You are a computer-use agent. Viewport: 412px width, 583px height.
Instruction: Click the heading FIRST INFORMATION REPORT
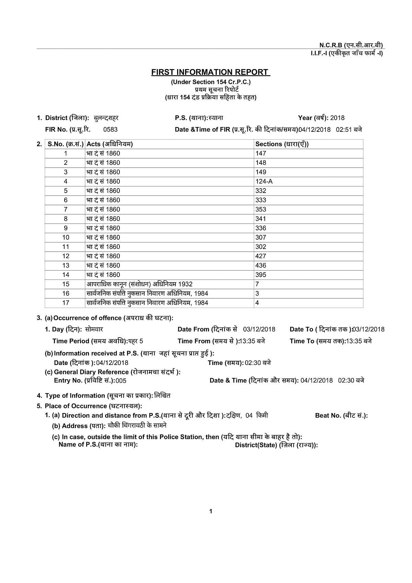pyautogui.click(x=210, y=72)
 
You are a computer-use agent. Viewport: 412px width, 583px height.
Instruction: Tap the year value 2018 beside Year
pyautogui.click(x=337, y=118)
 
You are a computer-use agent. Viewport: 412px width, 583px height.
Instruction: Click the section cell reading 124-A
pyautogui.click(x=264, y=181)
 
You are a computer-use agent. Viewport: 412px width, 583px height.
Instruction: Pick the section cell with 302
pyautogui.click(x=261, y=247)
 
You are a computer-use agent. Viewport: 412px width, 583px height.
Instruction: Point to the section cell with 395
pyautogui.click(x=261, y=275)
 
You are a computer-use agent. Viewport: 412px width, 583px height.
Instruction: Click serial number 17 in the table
pyautogui.click(x=66, y=303)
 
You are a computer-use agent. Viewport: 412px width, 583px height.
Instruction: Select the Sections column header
pyautogui.click(x=282, y=144)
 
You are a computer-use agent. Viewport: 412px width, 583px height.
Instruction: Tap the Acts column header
pyautogui.click(x=110, y=144)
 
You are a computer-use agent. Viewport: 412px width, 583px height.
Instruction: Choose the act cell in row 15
pyautogui.click(x=139, y=284)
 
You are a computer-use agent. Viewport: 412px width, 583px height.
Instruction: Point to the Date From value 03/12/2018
pyautogui.click(x=259, y=329)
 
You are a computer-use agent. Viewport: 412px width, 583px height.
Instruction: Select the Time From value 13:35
pyautogui.click(x=252, y=341)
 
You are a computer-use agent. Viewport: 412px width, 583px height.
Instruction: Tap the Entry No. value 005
pyautogui.click(x=121, y=381)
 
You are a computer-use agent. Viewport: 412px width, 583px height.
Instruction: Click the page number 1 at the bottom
pyautogui.click(x=210, y=511)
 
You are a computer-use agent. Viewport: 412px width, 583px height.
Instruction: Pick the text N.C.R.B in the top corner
pyautogui.click(x=331, y=45)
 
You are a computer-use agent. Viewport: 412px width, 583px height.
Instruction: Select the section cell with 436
pyautogui.click(x=261, y=265)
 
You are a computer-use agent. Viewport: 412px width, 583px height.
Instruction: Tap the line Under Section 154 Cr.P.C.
pyautogui.click(x=210, y=82)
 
